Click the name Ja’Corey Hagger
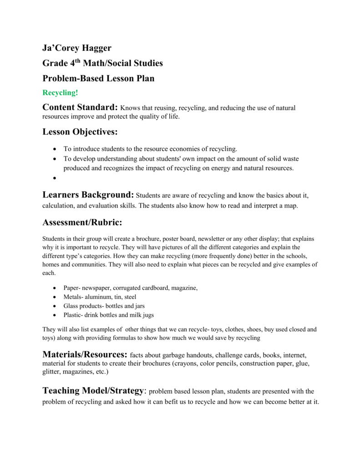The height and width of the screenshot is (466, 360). (76, 48)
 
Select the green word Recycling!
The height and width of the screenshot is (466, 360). (60, 93)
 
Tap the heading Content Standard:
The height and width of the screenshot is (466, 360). (80, 107)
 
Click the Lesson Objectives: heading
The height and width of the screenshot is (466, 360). (80, 132)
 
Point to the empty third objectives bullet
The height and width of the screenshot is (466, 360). (55, 178)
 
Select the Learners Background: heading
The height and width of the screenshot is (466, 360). (88, 195)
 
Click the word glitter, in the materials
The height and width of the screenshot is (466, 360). (52, 372)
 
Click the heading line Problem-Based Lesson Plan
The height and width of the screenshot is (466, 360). (98, 78)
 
